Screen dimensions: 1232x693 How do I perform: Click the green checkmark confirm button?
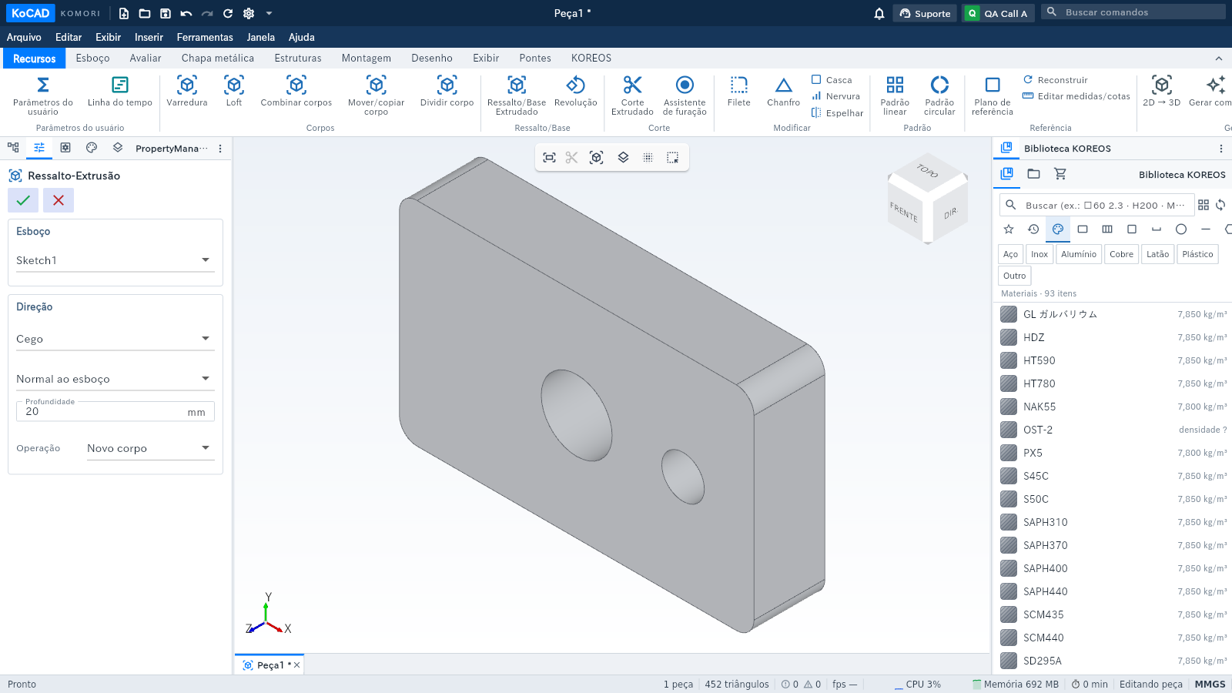tap(23, 200)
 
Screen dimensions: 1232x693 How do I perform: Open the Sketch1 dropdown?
tap(115, 260)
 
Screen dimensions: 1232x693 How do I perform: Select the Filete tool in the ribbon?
tap(738, 92)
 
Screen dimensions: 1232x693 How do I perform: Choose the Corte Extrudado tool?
tap(632, 95)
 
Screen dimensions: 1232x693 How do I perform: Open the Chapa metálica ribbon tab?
tap(218, 59)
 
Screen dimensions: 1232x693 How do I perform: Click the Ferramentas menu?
tap(205, 38)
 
